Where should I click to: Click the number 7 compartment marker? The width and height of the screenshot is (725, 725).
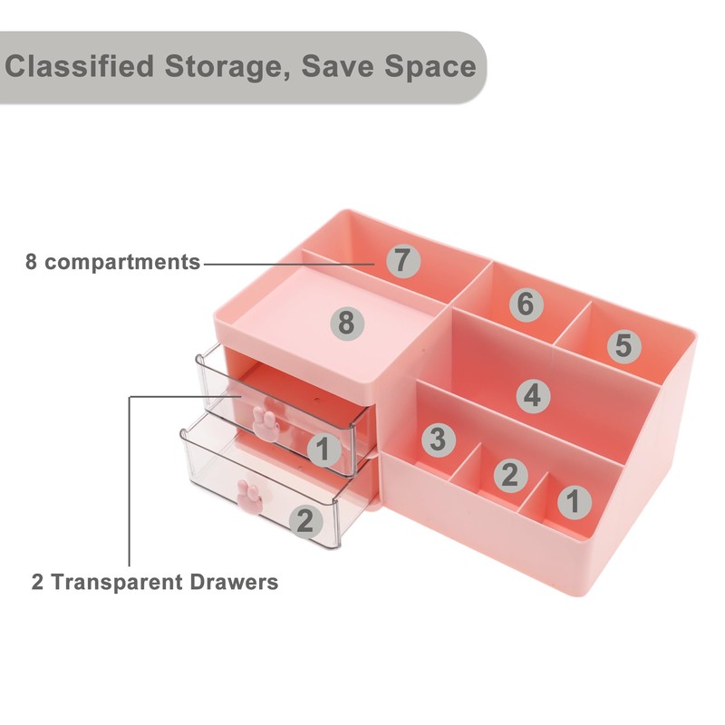point(403,261)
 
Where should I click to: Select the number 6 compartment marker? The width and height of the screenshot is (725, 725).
point(525,304)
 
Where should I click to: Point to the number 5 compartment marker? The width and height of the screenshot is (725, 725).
point(623,344)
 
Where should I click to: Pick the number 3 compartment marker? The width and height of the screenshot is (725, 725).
point(438,440)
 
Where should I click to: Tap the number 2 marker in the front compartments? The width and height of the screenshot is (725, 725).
point(509,473)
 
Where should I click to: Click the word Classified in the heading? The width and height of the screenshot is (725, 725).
point(81,66)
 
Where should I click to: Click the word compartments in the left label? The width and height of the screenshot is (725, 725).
point(122,263)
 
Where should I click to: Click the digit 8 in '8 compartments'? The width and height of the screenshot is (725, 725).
point(32,263)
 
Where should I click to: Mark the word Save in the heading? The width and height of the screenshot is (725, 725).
point(343,66)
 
